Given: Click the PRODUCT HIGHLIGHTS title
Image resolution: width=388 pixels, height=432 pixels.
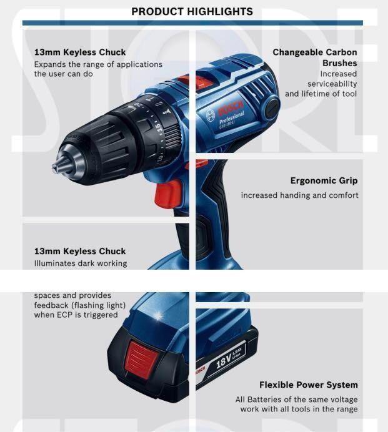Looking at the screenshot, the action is click(x=192, y=12).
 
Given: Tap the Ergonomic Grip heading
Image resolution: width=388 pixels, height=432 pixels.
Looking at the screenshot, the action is click(x=324, y=181).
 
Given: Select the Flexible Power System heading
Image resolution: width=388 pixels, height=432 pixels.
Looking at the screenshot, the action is click(x=308, y=385).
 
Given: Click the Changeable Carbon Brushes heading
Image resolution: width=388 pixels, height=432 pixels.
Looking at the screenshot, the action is click(x=315, y=57).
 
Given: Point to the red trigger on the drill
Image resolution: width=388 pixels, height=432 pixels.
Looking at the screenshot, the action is click(x=167, y=193).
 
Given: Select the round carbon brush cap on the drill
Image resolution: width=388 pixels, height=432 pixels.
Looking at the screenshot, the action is click(x=272, y=107).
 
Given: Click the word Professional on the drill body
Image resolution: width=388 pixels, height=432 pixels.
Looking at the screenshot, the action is click(x=231, y=117).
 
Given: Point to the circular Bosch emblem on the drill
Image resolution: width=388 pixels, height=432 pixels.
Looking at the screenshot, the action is click(x=210, y=115).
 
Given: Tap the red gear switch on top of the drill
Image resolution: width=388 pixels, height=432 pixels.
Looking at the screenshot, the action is click(x=194, y=82).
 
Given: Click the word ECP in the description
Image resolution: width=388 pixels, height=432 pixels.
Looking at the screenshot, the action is click(x=65, y=315).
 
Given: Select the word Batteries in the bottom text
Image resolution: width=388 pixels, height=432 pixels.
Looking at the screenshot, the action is click(x=264, y=400).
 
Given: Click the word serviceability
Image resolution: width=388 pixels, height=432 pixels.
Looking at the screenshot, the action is click(x=332, y=84).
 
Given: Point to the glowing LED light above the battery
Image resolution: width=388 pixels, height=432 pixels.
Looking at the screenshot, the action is click(x=158, y=315).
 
